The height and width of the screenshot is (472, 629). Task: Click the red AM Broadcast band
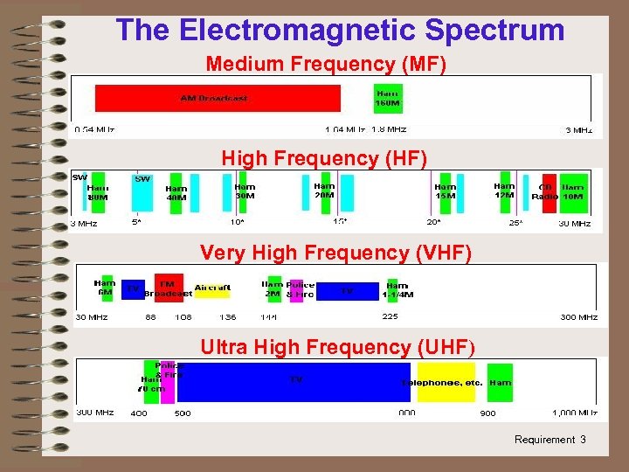click(x=217, y=98)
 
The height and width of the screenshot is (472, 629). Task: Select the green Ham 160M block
click(x=388, y=98)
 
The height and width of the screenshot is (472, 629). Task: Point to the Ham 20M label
click(x=324, y=191)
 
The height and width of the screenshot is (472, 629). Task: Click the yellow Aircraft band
click(x=212, y=288)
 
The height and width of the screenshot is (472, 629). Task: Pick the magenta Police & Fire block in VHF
click(x=295, y=289)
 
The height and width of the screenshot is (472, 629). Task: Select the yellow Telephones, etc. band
click(x=446, y=383)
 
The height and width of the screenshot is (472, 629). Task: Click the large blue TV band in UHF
click(x=297, y=381)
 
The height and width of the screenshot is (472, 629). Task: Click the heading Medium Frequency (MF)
click(x=325, y=64)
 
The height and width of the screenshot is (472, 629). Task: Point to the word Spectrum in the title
click(x=495, y=30)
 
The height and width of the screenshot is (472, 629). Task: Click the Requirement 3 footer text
click(x=550, y=440)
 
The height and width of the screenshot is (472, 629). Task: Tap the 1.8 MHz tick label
click(x=389, y=129)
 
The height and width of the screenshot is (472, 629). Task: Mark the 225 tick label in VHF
click(x=390, y=316)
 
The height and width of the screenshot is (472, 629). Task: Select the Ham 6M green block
click(x=105, y=288)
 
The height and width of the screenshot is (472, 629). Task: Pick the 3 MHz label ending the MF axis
click(x=579, y=130)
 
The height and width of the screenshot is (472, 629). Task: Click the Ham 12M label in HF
click(x=504, y=191)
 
